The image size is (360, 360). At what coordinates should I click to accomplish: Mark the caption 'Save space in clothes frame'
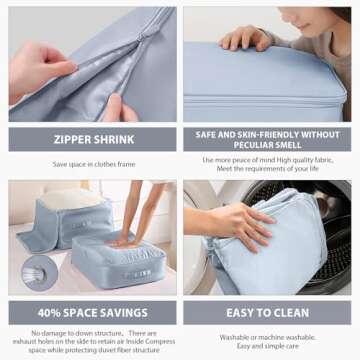(93, 164)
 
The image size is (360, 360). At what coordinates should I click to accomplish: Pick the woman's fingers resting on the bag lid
(243, 40)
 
